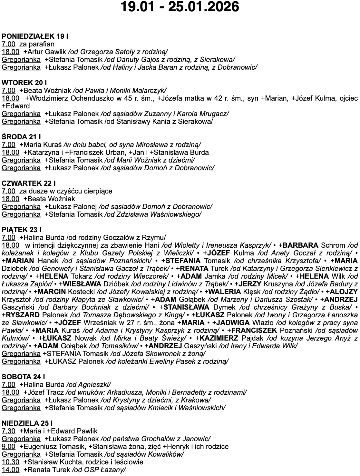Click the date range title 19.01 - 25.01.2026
(x=180, y=7)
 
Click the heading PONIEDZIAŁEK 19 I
(x=35, y=36)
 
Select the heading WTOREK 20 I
(x=24, y=83)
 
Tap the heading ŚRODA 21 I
(x=21, y=137)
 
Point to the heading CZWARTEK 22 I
(x=29, y=183)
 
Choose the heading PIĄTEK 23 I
(x=22, y=230)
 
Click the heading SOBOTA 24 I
(x=23, y=377)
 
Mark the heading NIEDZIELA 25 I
(x=27, y=423)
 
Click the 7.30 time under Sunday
(x=8, y=431)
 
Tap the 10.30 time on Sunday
(x=10, y=462)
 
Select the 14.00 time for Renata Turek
(x=10, y=470)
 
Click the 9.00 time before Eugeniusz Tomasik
(x=8, y=447)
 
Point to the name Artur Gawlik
(x=47, y=52)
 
